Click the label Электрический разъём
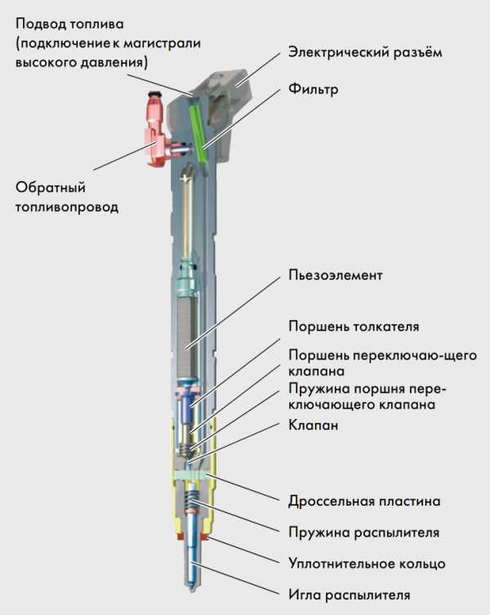point(364,53)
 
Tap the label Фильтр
point(314,88)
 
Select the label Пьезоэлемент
point(335,274)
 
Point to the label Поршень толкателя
point(354,327)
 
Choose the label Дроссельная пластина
point(364,500)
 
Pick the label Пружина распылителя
point(363,532)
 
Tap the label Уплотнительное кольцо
point(367,564)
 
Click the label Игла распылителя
point(349,595)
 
